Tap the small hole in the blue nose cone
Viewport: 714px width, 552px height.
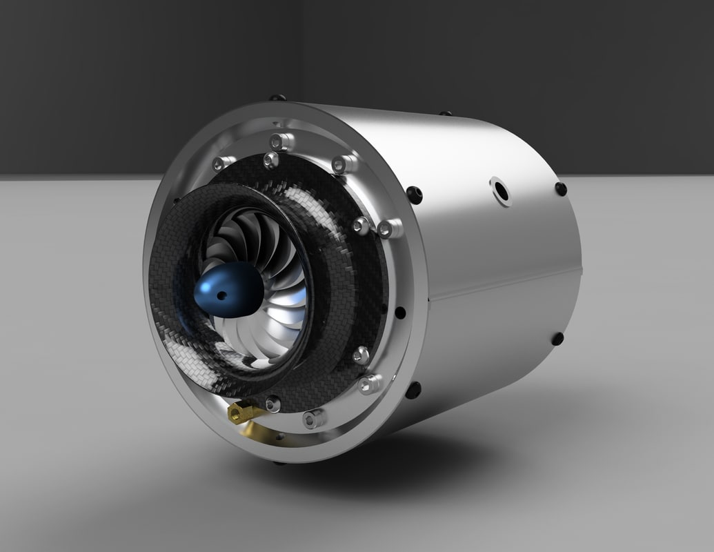[221, 295]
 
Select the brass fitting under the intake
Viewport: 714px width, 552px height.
[241, 413]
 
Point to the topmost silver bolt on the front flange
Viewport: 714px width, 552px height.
[279, 141]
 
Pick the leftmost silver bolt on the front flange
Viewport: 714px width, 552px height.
[219, 164]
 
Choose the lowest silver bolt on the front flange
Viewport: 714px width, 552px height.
[315, 418]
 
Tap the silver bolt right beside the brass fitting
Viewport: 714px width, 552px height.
[272, 404]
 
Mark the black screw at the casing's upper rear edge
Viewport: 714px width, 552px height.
[560, 188]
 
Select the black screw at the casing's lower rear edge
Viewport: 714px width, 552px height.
[557, 339]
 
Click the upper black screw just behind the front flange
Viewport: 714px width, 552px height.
[414, 195]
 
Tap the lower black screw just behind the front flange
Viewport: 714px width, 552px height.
[413, 391]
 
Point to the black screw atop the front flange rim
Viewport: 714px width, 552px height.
[277, 97]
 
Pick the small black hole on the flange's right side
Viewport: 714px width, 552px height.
[399, 313]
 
